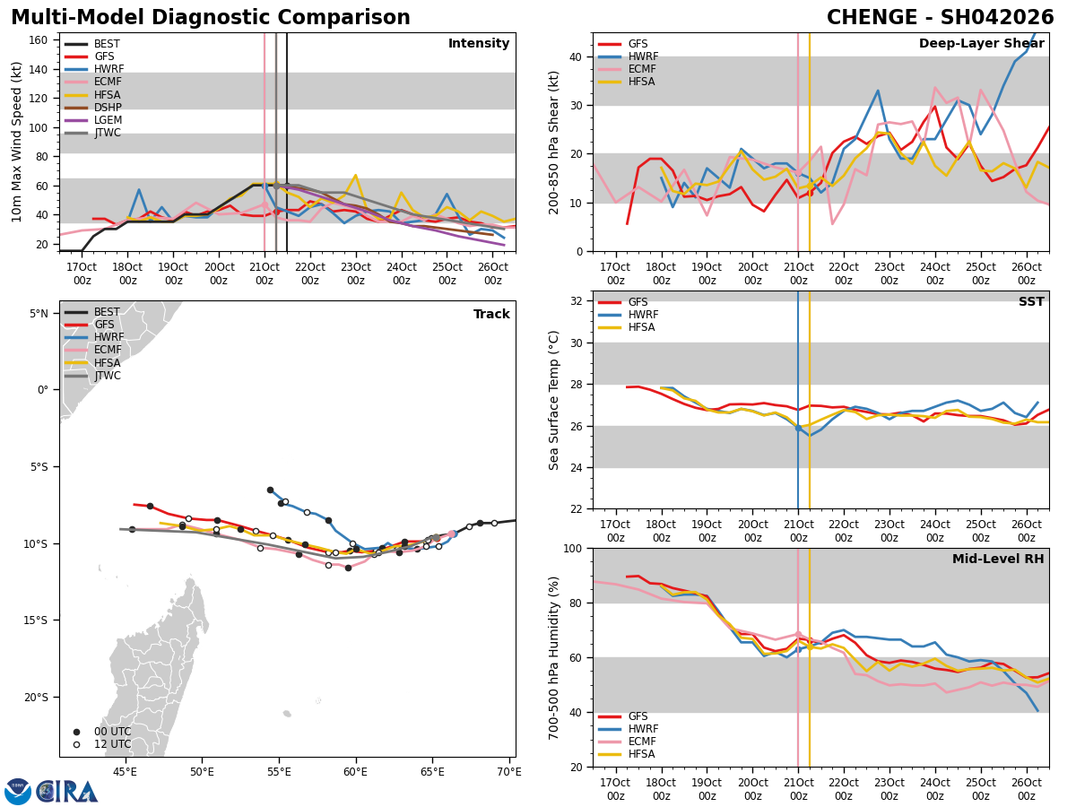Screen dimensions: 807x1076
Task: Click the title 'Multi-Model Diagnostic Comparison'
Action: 211,18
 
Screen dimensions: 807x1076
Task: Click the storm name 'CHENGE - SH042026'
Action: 940,18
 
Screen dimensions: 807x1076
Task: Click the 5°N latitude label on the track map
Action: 39,314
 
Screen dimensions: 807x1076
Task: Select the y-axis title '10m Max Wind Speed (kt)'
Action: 17,142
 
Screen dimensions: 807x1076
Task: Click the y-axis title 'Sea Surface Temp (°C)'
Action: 554,400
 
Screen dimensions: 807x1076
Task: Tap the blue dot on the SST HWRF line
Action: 798,428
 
